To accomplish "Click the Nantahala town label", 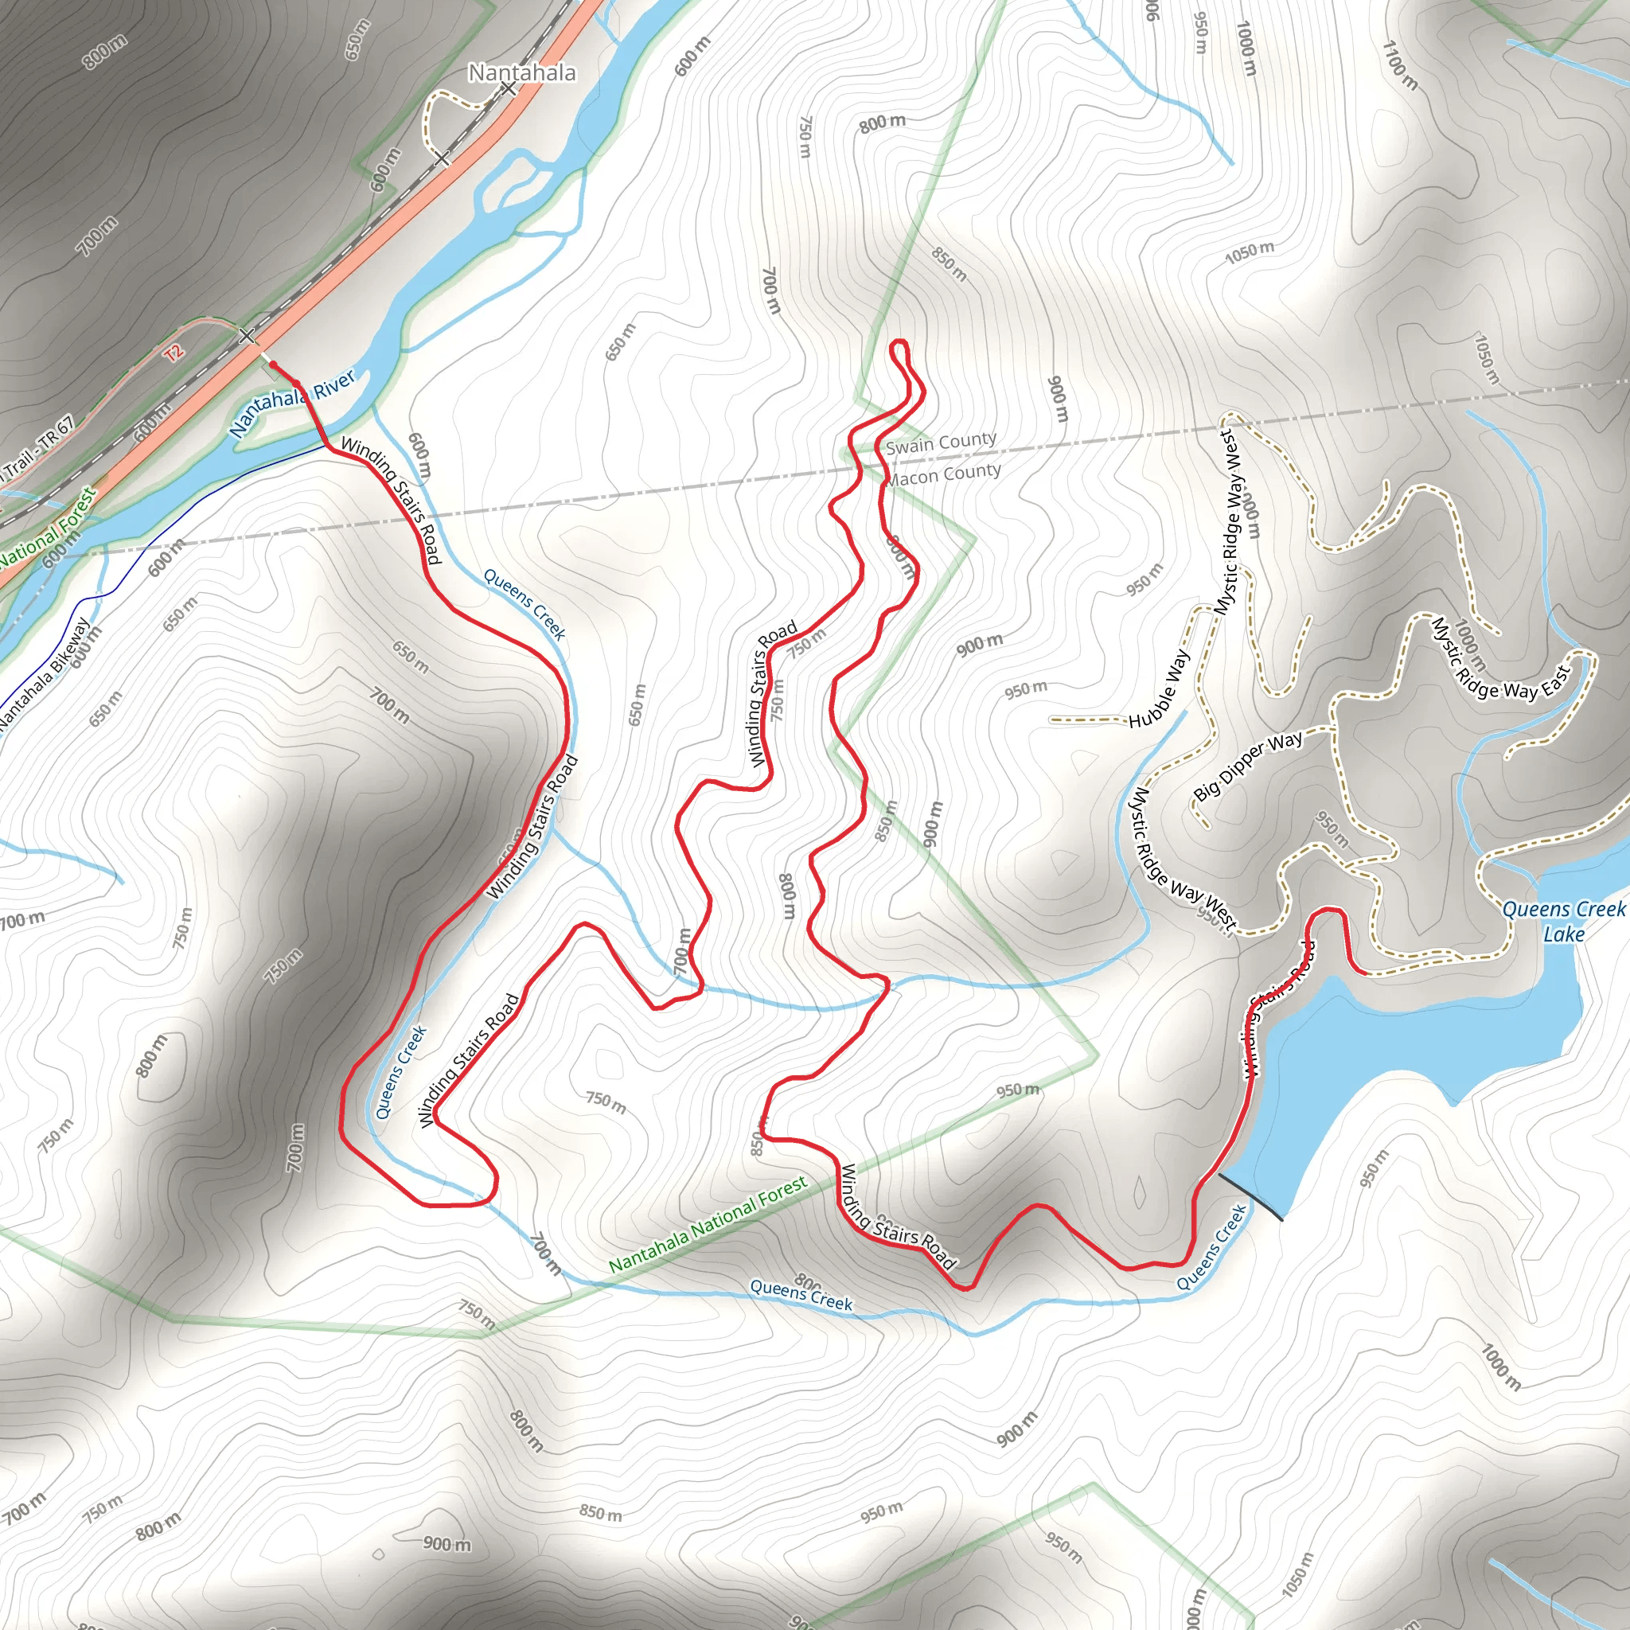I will coord(522,72).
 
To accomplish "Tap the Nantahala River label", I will coord(292,404).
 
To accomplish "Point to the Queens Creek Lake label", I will coord(1563,922).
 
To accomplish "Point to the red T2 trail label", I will coord(174,352).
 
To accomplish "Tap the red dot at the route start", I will coord(273,365).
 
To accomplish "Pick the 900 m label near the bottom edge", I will coord(447,1544).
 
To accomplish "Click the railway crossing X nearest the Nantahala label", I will coord(508,88).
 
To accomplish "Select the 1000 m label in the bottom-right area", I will coord(1502,1367).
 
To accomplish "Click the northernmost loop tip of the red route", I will coord(899,341).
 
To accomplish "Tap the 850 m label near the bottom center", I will coord(601,1514).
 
